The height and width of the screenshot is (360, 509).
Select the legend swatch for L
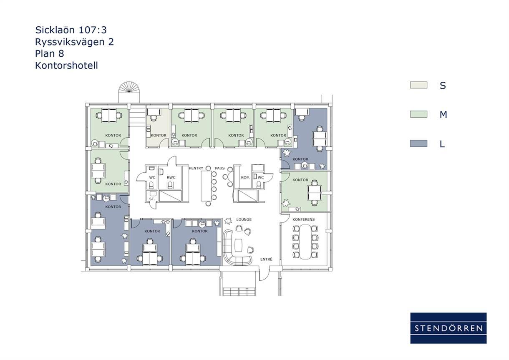point(418,143)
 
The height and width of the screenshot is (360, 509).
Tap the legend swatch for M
point(418,114)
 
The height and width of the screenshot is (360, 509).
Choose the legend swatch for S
point(418,85)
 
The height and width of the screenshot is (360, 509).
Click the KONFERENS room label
point(304,219)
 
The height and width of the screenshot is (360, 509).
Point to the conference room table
point(305,242)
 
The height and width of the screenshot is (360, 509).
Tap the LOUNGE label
point(244,219)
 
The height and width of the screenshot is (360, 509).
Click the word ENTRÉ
point(266,259)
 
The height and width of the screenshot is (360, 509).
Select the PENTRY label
point(196,168)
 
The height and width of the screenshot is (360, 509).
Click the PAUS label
point(220,168)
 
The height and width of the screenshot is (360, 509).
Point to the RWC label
point(171,177)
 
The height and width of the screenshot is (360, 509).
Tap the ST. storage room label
point(152,199)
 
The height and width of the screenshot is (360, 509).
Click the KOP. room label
point(245,177)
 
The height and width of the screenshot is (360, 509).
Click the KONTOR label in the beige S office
point(159,136)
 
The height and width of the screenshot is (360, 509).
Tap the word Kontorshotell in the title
point(67,65)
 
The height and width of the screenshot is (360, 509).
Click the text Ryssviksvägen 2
point(74,42)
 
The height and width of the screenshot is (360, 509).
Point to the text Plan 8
point(50,53)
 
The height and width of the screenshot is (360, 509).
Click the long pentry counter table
point(207,186)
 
